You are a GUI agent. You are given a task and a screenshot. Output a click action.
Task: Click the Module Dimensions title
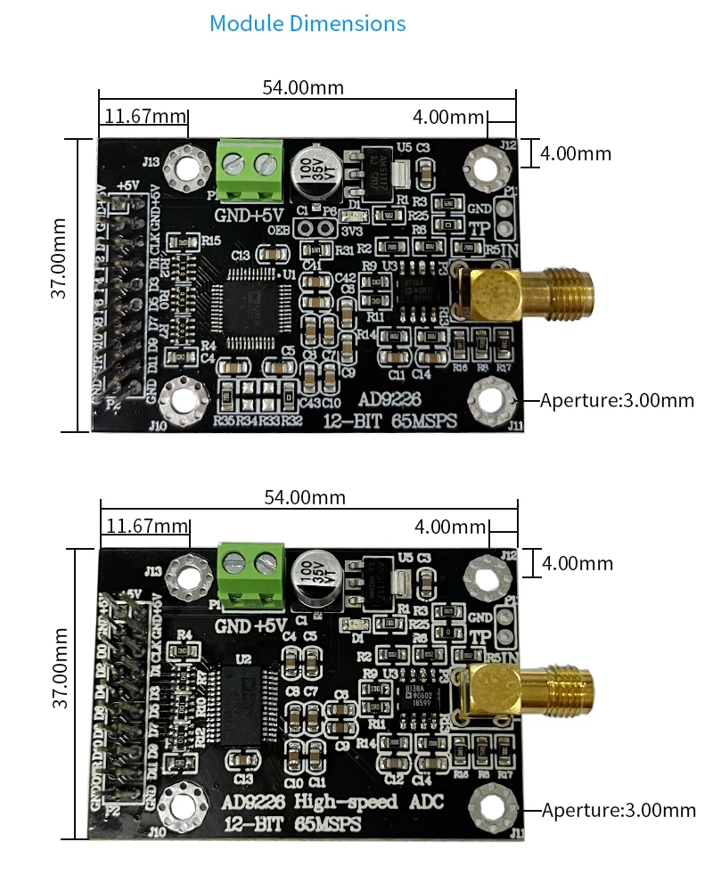(307, 24)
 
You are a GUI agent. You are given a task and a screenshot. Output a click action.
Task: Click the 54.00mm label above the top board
(302, 87)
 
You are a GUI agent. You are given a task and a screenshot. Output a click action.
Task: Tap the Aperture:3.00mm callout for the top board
(617, 400)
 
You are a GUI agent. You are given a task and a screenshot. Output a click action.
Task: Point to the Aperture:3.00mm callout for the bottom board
(619, 810)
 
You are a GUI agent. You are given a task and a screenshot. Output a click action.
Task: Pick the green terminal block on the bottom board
(250, 572)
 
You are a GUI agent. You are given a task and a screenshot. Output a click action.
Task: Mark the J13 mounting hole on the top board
(189, 166)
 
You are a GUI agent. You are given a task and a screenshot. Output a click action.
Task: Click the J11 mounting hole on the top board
(489, 398)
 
